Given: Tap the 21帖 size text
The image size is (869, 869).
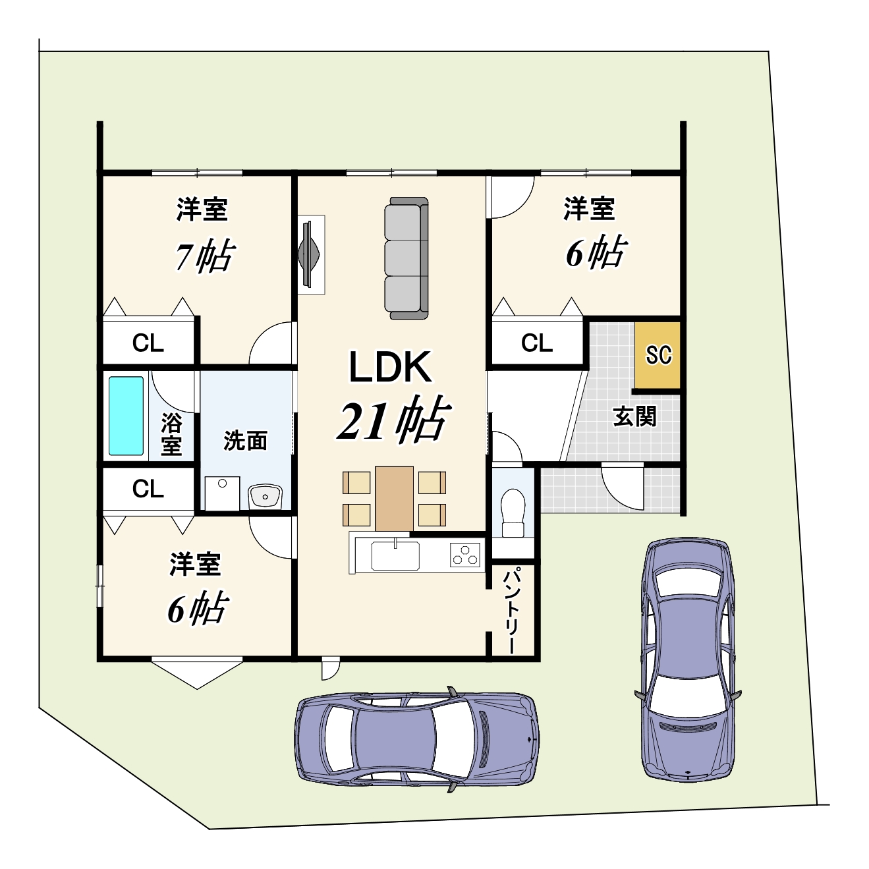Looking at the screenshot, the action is (x=394, y=420).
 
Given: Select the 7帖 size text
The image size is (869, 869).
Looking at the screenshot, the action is (x=205, y=256).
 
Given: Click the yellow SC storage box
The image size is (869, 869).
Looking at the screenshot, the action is (x=657, y=355).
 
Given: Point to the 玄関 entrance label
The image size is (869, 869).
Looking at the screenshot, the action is (x=634, y=416).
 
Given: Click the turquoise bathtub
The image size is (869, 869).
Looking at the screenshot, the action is (x=126, y=416).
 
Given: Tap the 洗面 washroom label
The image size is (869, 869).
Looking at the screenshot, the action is (x=245, y=441).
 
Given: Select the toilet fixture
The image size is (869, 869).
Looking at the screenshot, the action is (x=513, y=513).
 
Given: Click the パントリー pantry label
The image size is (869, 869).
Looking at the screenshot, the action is (x=513, y=611).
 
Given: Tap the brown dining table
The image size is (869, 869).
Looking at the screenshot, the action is (x=394, y=498).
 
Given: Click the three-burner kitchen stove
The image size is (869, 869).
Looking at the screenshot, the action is (x=464, y=555).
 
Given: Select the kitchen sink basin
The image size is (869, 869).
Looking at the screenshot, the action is (x=395, y=555).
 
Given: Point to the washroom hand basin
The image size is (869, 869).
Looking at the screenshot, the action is (x=265, y=497).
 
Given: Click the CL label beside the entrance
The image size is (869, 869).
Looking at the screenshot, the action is (x=537, y=343).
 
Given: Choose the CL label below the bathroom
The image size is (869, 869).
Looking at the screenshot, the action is (x=148, y=488).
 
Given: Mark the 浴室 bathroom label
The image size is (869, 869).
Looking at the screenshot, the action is (x=171, y=434).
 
